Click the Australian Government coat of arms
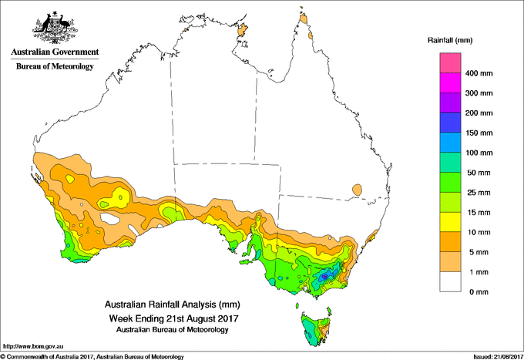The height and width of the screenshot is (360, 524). point(55,28)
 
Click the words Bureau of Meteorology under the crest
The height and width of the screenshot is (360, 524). point(55,66)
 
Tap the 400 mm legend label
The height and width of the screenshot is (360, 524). point(479,73)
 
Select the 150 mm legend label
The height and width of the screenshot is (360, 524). point(479,133)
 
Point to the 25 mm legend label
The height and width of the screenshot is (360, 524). point(479,193)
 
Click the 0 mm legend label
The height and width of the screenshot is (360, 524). point(479,292)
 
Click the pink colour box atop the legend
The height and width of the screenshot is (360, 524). point(450,63)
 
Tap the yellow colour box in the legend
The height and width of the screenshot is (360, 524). point(450,222)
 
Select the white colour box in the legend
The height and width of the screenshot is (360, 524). point(450,282)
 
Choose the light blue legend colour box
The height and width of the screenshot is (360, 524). point(450,143)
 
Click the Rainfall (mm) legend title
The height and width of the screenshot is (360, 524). point(450,40)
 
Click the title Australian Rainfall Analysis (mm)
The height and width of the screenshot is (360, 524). point(173,304)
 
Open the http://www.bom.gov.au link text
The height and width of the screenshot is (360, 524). point(33,346)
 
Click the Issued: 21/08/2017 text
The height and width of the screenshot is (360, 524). point(498,357)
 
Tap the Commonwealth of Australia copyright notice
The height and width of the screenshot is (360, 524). point(92,357)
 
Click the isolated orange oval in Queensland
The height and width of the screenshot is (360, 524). point(357,190)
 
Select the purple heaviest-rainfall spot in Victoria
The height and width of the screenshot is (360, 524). point(324,277)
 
